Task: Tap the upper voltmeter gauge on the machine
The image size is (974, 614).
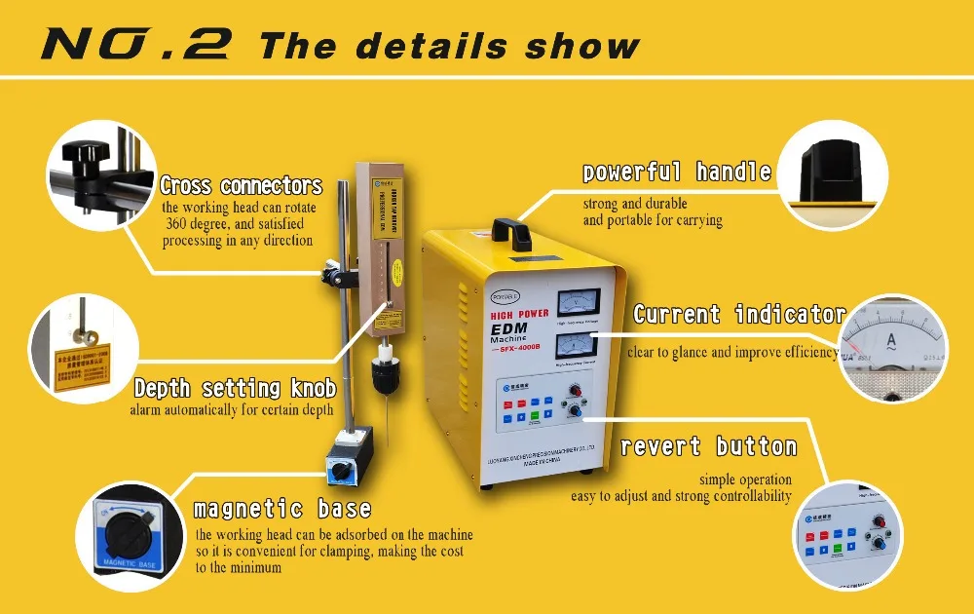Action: tap(579, 303)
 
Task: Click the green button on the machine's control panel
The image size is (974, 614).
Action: tap(533, 416)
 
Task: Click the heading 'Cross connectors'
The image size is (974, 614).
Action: tap(241, 185)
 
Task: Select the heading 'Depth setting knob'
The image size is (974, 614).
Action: tap(235, 389)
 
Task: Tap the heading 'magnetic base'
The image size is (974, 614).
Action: tap(282, 509)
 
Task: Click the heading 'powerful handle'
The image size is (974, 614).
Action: tap(677, 173)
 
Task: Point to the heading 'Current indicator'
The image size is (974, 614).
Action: tap(739, 314)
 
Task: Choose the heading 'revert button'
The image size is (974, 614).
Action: tap(708, 447)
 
